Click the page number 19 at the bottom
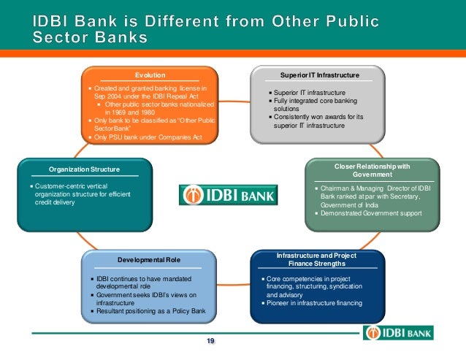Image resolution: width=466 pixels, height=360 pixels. pos(210,342)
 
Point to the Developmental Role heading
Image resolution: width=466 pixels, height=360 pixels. pos(149,260)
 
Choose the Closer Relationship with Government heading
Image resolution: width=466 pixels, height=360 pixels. pos(373,170)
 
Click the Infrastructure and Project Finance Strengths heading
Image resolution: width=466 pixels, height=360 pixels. pos(316,259)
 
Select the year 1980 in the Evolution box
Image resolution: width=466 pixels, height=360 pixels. pos(142,112)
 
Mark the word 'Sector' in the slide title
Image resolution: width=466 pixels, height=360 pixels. pos(58,37)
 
